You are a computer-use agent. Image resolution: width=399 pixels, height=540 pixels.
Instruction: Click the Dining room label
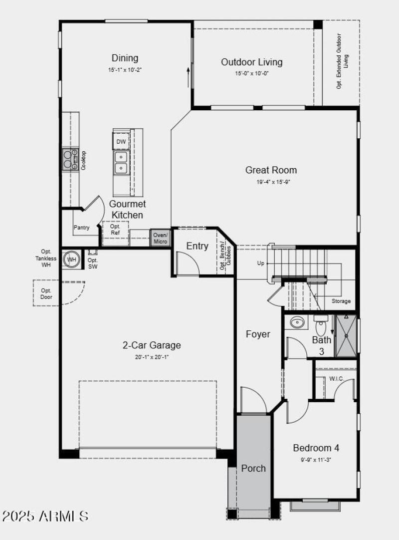(125, 58)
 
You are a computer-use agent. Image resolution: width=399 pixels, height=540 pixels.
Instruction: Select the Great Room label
(271, 170)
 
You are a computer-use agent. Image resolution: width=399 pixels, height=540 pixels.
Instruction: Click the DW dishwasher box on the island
(121, 142)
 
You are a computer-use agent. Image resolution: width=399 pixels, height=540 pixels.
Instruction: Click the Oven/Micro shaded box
(161, 238)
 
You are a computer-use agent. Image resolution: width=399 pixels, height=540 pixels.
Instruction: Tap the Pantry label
(82, 228)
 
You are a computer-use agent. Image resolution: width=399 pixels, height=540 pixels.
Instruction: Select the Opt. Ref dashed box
(115, 229)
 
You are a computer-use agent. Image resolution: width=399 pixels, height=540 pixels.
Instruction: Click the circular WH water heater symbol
(72, 260)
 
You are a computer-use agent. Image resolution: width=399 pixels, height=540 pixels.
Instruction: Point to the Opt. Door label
(46, 294)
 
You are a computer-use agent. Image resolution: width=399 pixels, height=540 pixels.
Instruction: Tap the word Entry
(197, 246)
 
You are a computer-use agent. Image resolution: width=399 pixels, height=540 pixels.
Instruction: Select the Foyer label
(258, 334)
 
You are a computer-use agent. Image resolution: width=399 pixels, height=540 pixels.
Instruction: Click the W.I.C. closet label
(336, 379)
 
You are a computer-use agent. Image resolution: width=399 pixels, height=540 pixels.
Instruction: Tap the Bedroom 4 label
(316, 448)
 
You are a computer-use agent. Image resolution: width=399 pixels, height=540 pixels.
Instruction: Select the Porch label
(253, 468)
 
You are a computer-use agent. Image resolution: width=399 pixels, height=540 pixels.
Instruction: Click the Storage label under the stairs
(341, 301)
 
